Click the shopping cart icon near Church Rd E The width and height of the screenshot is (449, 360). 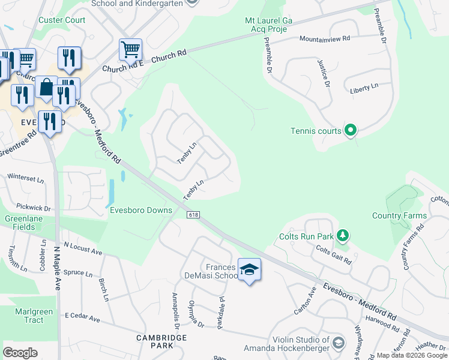pyautogui.click(x=130, y=49)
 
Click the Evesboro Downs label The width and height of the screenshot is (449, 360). pyautogui.click(x=141, y=210)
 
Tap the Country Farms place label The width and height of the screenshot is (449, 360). pyautogui.click(x=399, y=215)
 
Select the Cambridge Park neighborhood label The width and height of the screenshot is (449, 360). pyautogui.click(x=162, y=343)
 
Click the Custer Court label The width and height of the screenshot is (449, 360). pyautogui.click(x=62, y=20)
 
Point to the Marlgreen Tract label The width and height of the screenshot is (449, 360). pyautogui.click(x=29, y=316)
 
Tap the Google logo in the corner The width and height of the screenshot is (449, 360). pyautogui.click(x=20, y=353)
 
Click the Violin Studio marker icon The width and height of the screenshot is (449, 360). pyautogui.click(x=338, y=343)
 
